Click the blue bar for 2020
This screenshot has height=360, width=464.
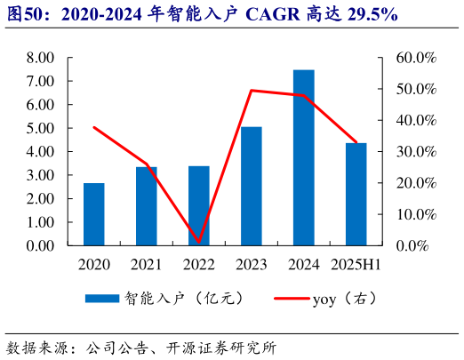[x=93, y=214]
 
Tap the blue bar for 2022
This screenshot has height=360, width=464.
[x=198, y=205]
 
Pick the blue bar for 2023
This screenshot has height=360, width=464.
[x=252, y=186]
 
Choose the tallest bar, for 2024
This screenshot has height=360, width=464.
[x=304, y=157]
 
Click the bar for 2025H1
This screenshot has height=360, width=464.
[x=356, y=194]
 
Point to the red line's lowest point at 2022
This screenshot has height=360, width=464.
[x=198, y=242]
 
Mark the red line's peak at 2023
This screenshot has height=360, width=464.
[x=252, y=90]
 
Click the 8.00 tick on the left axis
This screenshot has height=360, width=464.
[x=41, y=58]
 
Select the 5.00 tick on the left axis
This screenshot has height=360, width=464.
[x=41, y=128]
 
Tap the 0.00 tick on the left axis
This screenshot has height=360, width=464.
[x=41, y=246]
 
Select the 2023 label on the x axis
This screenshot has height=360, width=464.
[x=252, y=264]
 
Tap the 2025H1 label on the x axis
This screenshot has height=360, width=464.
[x=356, y=264]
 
